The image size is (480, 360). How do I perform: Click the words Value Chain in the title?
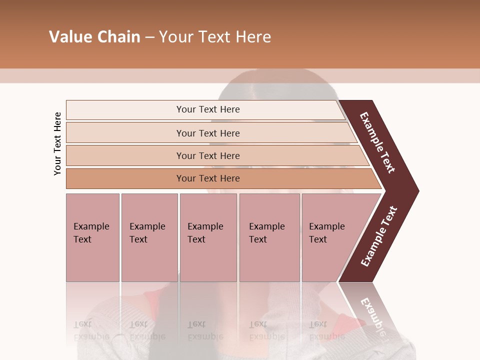pyautogui.click(x=94, y=37)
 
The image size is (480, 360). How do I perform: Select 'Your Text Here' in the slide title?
pyautogui.click(x=215, y=37)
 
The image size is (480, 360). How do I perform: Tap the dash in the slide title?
pyautogui.click(x=149, y=37)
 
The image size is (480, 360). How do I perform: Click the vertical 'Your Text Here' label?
pyautogui.click(x=57, y=144)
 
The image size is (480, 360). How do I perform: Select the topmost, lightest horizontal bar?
pyautogui.click(x=207, y=109)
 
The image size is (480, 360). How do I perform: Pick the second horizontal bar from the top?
pyautogui.click(x=207, y=133)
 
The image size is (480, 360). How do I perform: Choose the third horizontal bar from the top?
pyautogui.click(x=207, y=155)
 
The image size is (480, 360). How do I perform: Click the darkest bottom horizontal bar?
pyautogui.click(x=207, y=178)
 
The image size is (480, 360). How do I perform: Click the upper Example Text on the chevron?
pyautogui.click(x=377, y=142)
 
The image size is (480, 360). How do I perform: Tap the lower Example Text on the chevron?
pyautogui.click(x=379, y=236)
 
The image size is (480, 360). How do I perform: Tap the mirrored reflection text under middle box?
pyautogui.click(x=205, y=330)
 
